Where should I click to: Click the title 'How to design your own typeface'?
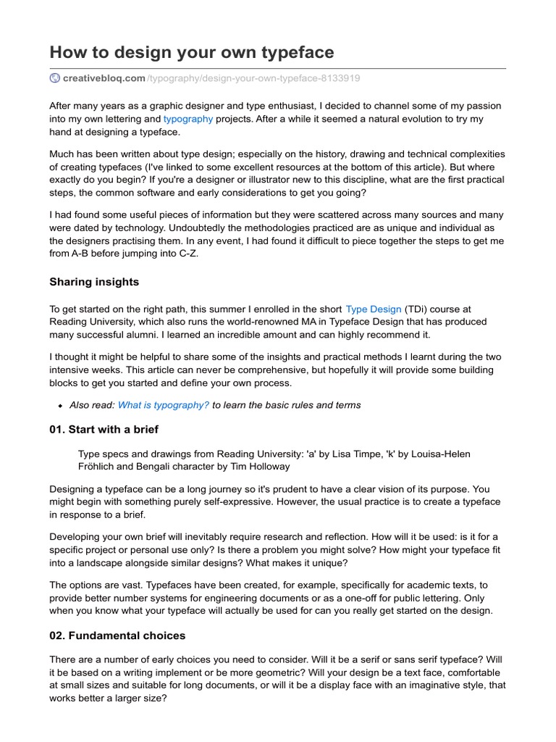[x=191, y=52]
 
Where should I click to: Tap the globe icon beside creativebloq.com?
[x=55, y=78]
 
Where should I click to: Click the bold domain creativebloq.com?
[x=104, y=78]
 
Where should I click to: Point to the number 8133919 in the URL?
[x=341, y=78]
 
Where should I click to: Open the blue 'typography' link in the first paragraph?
[x=188, y=118]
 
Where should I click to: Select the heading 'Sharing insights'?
[x=94, y=281]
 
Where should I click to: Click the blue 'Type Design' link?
[x=374, y=309]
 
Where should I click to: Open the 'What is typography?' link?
[x=164, y=405]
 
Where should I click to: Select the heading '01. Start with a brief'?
[x=104, y=429]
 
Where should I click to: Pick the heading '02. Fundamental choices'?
[x=117, y=635]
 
